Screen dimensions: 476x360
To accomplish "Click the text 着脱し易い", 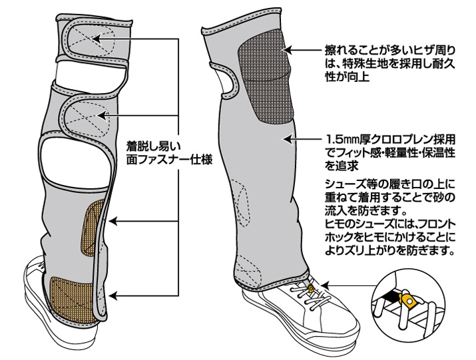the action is pyautogui.click(x=153, y=147).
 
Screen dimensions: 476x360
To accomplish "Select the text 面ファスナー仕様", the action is pyautogui.click(x=169, y=160).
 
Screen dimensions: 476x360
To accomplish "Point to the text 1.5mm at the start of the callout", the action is pyautogui.click(x=342, y=140).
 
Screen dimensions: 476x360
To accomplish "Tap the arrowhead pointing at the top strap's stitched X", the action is pyautogui.click(x=96, y=39).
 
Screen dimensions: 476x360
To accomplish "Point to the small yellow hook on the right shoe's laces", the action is pyautogui.click(x=310, y=287).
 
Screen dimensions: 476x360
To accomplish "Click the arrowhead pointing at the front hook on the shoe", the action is pyautogui.click(x=324, y=285).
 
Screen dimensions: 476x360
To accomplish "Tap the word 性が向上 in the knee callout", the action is pyautogui.click(x=348, y=77).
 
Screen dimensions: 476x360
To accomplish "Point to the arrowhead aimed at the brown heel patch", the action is pyautogui.click(x=113, y=295).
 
